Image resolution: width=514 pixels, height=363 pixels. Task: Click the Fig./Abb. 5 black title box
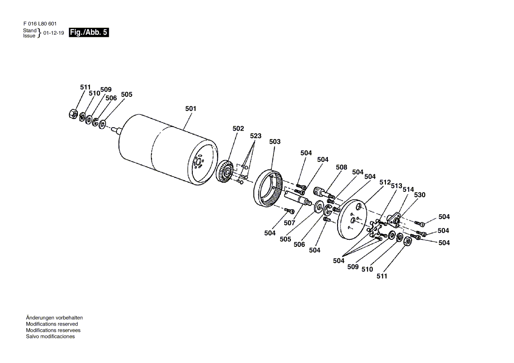coord(88,33)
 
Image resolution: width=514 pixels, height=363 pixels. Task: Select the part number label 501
coord(191,108)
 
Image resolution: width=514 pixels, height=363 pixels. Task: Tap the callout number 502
coord(239,128)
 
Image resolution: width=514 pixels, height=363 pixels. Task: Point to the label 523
coord(256,136)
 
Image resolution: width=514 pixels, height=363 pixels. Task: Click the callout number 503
coord(275,142)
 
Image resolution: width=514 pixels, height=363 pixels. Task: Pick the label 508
coord(341,167)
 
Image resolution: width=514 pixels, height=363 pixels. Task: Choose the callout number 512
coord(385,182)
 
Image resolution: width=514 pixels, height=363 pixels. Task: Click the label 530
coord(419,195)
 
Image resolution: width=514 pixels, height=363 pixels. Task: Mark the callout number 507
coord(290,223)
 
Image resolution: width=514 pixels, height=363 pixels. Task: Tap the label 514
coord(408,189)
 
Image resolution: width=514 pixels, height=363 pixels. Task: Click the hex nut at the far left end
coord(73,114)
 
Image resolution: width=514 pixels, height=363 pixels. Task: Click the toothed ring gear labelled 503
coord(268,188)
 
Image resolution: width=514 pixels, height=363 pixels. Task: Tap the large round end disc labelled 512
coord(351,220)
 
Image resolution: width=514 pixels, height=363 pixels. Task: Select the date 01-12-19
coord(53,33)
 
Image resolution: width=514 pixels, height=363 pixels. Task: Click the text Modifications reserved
coord(52,324)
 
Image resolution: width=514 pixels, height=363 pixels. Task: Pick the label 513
coord(397,186)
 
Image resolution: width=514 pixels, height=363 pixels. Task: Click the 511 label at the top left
coord(85,87)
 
